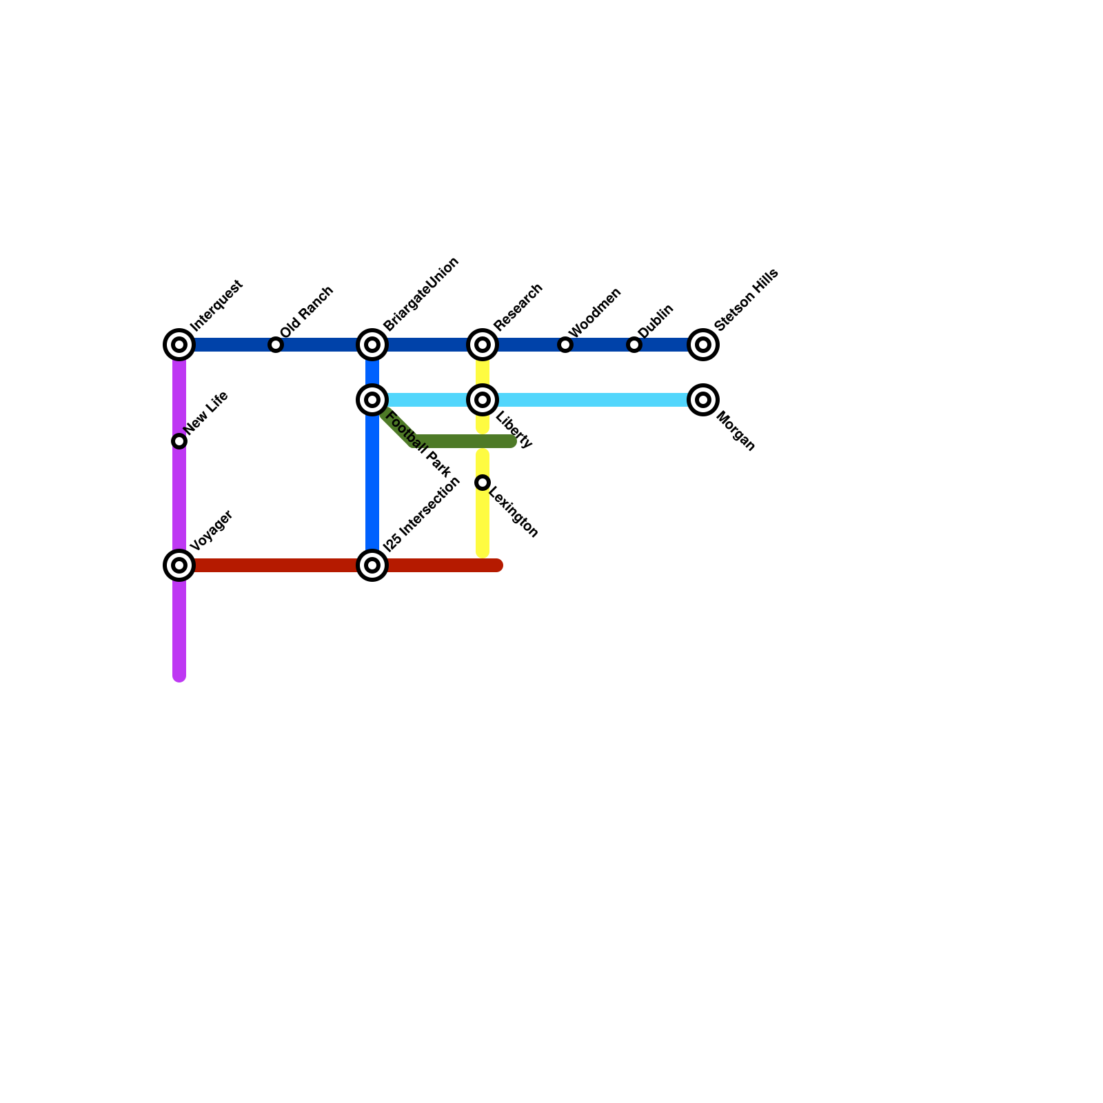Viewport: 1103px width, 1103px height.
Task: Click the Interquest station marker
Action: point(179,345)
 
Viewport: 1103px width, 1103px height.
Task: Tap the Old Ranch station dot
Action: point(276,345)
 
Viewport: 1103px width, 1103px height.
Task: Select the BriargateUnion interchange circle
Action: point(372,345)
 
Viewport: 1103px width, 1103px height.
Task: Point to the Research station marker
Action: point(483,345)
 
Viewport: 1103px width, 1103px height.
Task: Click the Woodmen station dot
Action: point(565,345)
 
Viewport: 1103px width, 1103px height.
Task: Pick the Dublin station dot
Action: point(634,345)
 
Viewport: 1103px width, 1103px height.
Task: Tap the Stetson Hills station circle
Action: point(703,345)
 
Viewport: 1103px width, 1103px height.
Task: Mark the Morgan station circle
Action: point(703,400)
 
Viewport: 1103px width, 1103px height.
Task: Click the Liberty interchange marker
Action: point(483,400)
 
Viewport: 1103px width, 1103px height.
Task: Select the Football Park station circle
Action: point(372,400)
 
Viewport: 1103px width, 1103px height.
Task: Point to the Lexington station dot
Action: point(483,483)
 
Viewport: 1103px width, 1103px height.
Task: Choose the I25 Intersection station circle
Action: point(372,565)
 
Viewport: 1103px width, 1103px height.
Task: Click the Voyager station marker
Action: point(179,565)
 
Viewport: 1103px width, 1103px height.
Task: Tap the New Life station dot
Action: point(179,441)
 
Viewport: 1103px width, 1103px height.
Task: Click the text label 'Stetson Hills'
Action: point(747,299)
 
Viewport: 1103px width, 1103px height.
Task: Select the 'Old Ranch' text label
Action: point(307,312)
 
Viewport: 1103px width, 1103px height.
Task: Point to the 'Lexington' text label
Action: point(513,512)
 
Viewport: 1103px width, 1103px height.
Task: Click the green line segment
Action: point(462,441)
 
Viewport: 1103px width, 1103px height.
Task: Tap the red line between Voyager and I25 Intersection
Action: point(276,565)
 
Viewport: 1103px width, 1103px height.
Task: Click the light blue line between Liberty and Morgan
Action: point(593,400)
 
